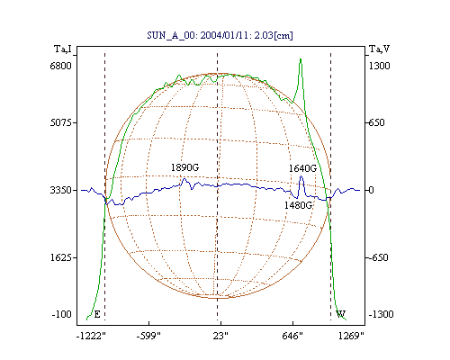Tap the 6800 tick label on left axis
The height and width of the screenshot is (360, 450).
click(x=61, y=66)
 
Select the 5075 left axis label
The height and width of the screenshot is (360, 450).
click(x=61, y=122)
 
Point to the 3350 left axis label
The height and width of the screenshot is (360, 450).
click(x=61, y=190)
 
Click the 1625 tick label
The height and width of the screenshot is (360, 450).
click(x=61, y=257)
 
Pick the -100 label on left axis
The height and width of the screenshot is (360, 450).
click(x=62, y=314)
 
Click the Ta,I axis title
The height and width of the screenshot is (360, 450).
click(x=63, y=49)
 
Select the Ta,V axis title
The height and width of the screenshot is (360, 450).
click(x=380, y=49)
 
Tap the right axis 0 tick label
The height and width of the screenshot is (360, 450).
click(x=371, y=190)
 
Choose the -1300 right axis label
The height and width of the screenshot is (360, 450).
click(x=381, y=314)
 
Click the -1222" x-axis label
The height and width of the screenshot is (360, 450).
click(x=91, y=336)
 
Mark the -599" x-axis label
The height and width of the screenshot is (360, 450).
click(x=148, y=336)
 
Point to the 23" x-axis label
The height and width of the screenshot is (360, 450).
click(x=220, y=336)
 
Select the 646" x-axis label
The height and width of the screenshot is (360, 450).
click(x=292, y=336)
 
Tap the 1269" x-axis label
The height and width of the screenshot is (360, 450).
click(x=351, y=336)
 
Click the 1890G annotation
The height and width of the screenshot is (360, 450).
click(x=184, y=167)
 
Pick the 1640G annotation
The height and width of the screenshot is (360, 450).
click(x=302, y=168)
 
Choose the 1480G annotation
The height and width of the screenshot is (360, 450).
click(x=298, y=205)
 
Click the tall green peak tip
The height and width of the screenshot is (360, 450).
click(x=301, y=59)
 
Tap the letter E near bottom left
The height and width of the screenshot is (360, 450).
click(x=97, y=314)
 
